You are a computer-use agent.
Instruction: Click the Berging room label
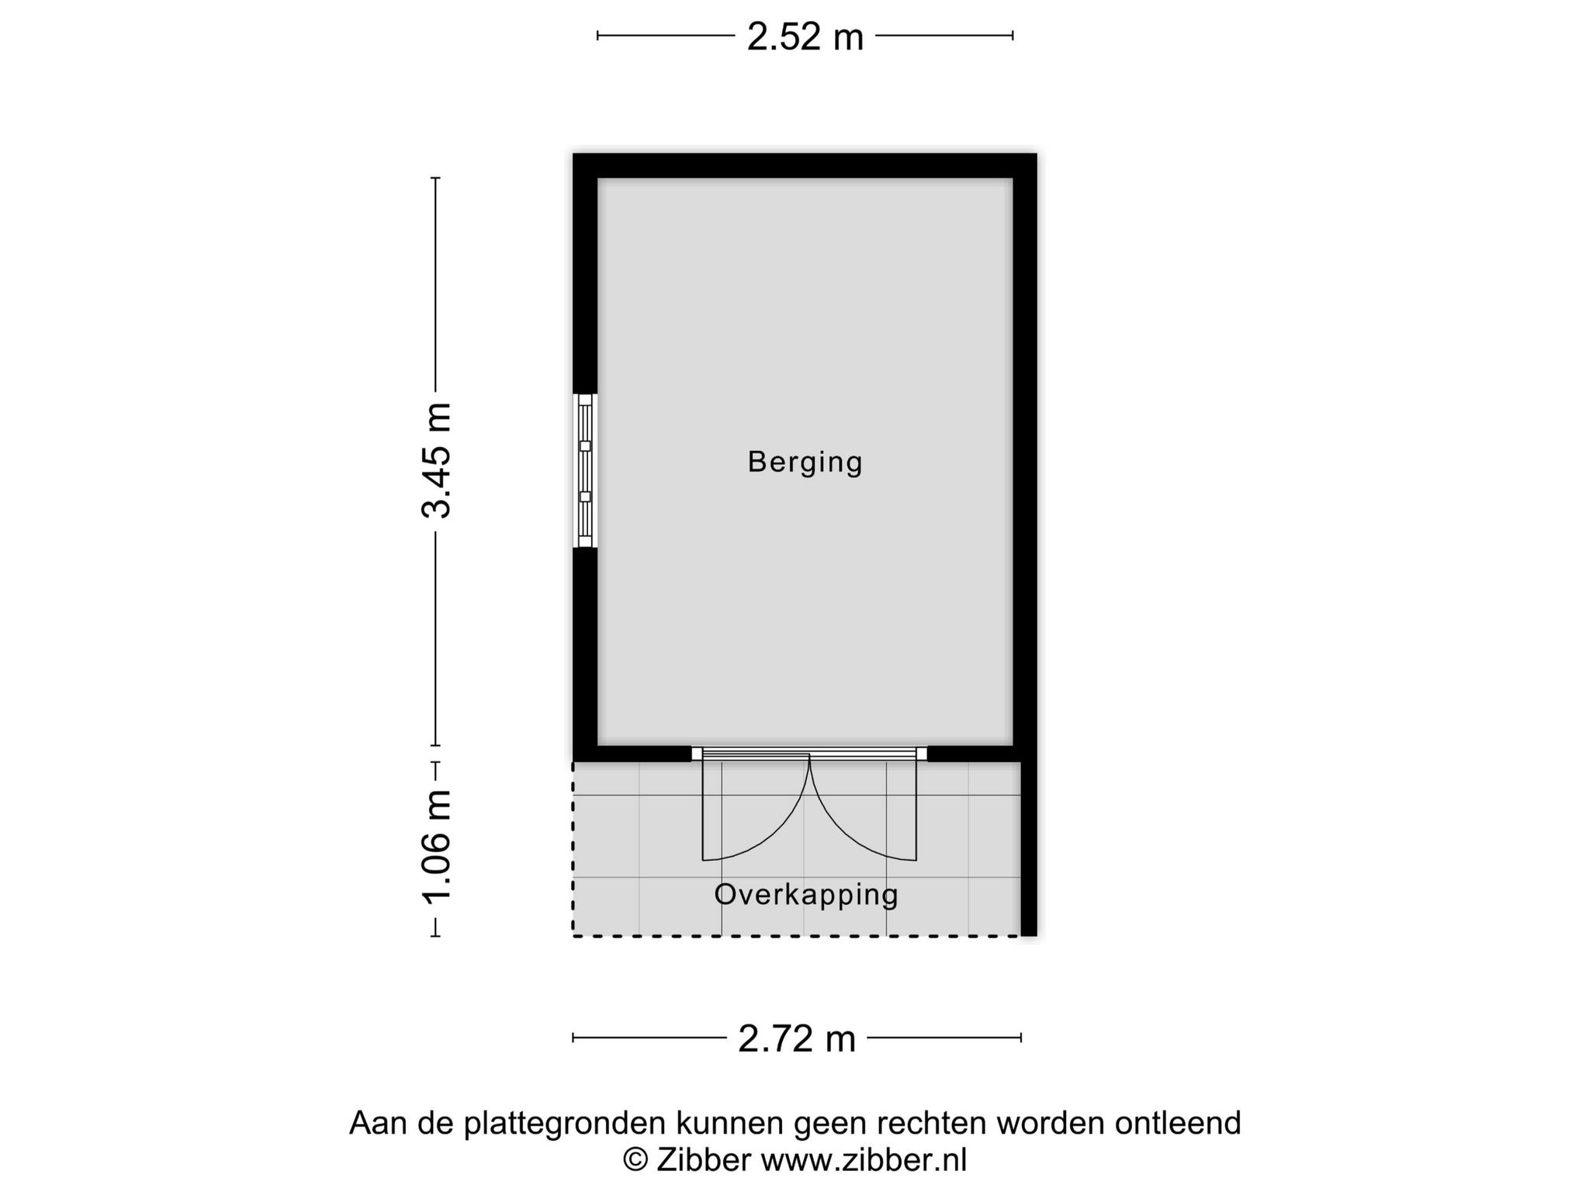click(x=805, y=463)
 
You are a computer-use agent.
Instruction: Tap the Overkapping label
click(x=806, y=895)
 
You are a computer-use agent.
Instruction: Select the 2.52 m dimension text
click(x=805, y=36)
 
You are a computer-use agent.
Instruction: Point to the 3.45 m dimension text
click(x=436, y=460)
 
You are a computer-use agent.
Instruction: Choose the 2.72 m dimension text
click(x=796, y=1038)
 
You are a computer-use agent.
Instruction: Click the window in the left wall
click(x=585, y=470)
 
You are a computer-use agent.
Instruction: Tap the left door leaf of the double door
click(x=756, y=809)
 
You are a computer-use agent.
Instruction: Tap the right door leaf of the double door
click(x=863, y=809)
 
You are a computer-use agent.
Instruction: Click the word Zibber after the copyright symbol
click(x=704, y=1160)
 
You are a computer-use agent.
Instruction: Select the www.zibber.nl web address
click(x=864, y=1160)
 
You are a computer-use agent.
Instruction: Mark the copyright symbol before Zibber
click(x=636, y=1161)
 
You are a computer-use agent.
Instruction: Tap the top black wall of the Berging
click(x=805, y=166)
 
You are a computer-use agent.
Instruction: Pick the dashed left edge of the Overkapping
click(x=573, y=849)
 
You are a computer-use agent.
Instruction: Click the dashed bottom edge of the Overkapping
click(x=797, y=936)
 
